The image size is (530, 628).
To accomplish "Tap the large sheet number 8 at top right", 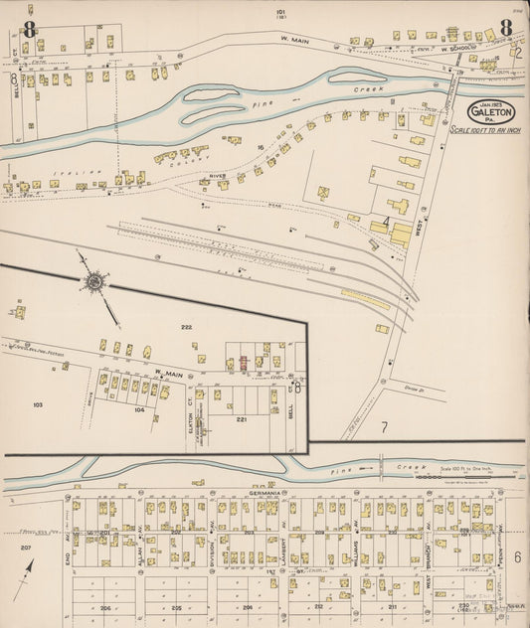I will [506, 28].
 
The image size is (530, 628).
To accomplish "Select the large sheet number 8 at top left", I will [30, 29].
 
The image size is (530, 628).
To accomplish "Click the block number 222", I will [186, 327].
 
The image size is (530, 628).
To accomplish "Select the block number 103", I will [39, 404].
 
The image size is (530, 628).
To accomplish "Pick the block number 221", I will [241, 419].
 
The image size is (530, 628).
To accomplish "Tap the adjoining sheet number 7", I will [383, 426].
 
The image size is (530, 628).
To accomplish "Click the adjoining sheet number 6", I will [517, 556].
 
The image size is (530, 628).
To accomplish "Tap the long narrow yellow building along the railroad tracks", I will [365, 298].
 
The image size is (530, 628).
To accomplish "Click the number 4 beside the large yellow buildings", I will [386, 220].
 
